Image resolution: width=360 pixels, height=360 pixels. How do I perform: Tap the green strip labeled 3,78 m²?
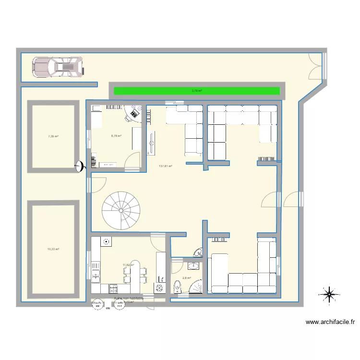pyautogui.click(x=196, y=90)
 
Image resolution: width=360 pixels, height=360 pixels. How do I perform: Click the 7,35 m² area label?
pyautogui.click(x=53, y=136)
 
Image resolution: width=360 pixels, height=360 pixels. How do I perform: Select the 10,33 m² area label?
pyautogui.click(x=53, y=249)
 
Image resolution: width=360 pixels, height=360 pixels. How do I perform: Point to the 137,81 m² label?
pyautogui.click(x=165, y=167)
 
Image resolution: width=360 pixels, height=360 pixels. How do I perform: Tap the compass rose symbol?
pyautogui.click(x=329, y=295)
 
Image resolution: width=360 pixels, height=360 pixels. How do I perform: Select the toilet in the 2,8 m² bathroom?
pyautogui.click(x=178, y=286)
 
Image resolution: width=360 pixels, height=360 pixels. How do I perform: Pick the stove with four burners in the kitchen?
pyautogui.click(x=113, y=289)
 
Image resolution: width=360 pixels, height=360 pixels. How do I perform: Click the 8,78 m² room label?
pyautogui.click(x=116, y=136)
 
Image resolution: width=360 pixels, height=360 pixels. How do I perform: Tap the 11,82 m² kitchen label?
pyautogui.click(x=128, y=264)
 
